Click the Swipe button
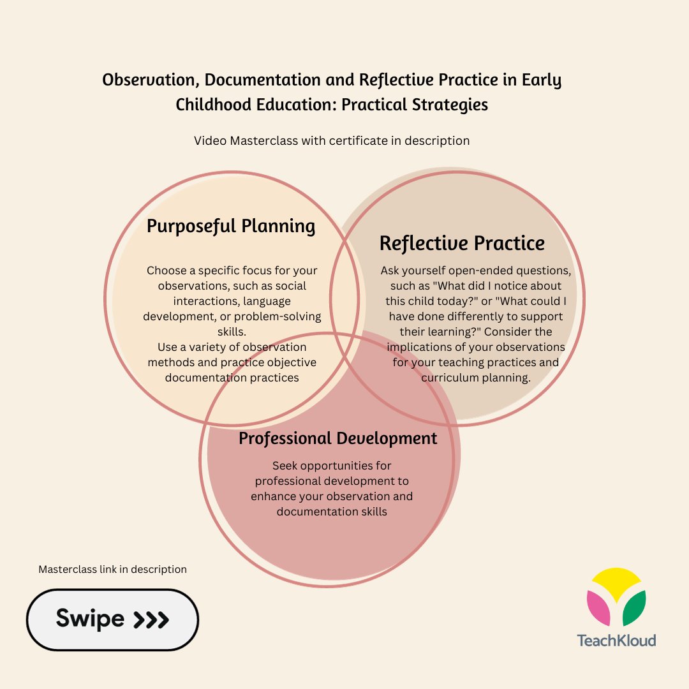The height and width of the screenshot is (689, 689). [x=112, y=619]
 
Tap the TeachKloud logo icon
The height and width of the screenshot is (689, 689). [x=616, y=597]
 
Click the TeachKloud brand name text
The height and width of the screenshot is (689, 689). [x=616, y=640]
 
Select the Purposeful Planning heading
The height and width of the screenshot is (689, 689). [x=231, y=226]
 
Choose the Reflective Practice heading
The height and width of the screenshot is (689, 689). [x=462, y=243]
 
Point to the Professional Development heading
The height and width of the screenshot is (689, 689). [x=338, y=438]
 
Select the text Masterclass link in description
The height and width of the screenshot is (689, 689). [x=112, y=569]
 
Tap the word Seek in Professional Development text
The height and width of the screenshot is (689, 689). [x=285, y=466]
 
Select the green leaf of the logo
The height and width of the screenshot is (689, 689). [x=633, y=609]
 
